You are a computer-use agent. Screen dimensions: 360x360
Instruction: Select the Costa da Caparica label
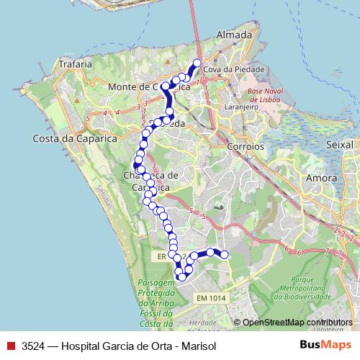[64, 138]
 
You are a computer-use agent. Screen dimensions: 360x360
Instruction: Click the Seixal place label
[340, 145]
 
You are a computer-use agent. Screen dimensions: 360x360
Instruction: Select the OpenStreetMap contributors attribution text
[297, 323]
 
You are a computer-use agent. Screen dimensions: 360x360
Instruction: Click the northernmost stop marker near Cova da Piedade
[197, 63]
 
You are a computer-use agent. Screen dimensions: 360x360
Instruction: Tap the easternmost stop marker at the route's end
[224, 254]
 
